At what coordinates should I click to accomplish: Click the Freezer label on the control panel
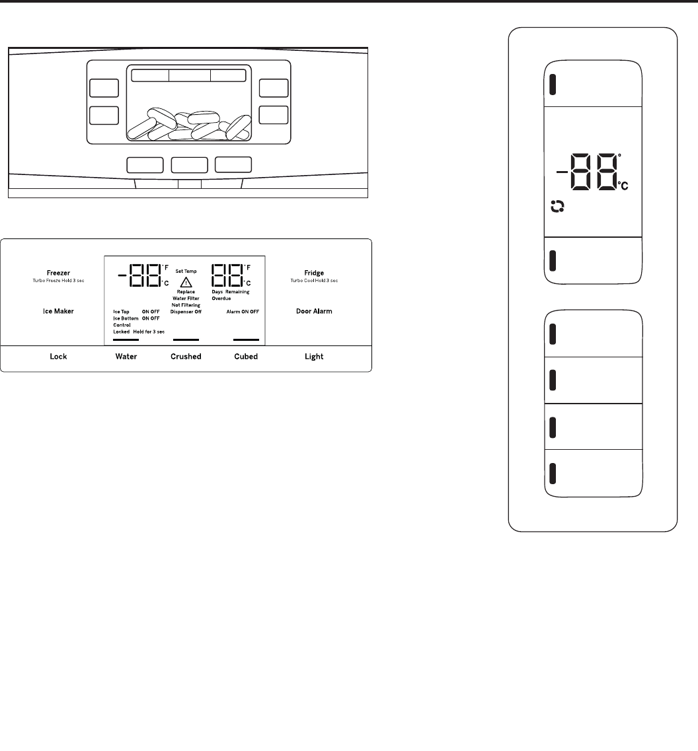tap(59, 272)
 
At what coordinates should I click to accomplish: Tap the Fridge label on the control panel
tap(314, 272)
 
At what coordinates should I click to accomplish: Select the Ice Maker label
tap(59, 311)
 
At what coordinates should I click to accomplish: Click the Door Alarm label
tap(314, 311)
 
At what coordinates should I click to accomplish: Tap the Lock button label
tap(59, 357)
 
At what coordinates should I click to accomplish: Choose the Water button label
tap(126, 357)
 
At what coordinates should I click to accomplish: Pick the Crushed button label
tap(186, 357)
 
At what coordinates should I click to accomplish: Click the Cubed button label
tap(246, 357)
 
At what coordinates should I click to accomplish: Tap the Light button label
tap(314, 357)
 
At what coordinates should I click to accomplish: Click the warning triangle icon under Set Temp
tap(186, 281)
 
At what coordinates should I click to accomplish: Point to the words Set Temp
tap(186, 271)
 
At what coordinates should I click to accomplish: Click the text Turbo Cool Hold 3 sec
tap(314, 281)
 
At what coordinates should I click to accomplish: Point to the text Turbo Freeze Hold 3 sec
tap(59, 281)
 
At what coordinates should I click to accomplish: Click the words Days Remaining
tap(231, 291)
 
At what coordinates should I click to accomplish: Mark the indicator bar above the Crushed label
tap(186, 340)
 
